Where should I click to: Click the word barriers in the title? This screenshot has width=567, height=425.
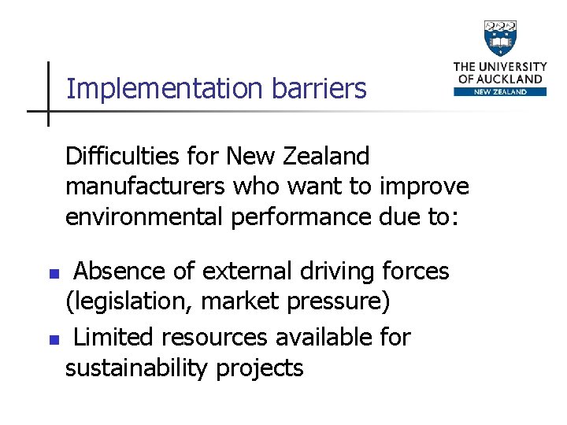pyautogui.click(x=319, y=89)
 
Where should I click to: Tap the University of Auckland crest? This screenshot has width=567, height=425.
pyautogui.click(x=500, y=38)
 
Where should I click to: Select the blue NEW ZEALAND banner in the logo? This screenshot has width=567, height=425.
pyautogui.click(x=500, y=91)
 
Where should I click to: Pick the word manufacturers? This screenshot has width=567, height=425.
pyautogui.click(x=144, y=187)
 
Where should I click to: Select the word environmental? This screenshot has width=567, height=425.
pyautogui.click(x=146, y=216)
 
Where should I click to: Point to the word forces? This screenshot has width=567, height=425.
pyautogui.click(x=415, y=272)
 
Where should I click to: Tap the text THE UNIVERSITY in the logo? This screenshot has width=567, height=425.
pyautogui.click(x=500, y=67)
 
